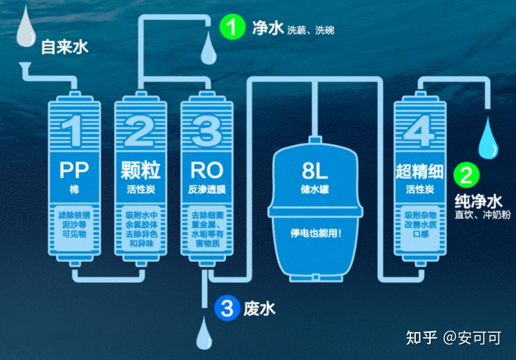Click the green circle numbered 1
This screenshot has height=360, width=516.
[232, 27]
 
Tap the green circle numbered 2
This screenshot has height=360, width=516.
[466, 176]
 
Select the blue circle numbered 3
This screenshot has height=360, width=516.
[227, 308]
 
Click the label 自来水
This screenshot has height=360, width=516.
[65, 47]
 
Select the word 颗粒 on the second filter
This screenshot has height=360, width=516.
[141, 170]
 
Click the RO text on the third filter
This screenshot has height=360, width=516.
[207, 170]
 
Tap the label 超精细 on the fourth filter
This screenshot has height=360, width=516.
[420, 171]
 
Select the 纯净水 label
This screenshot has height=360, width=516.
[478, 202]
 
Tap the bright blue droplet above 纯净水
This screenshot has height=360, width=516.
[489, 138]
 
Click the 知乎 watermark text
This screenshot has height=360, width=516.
[421, 337]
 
